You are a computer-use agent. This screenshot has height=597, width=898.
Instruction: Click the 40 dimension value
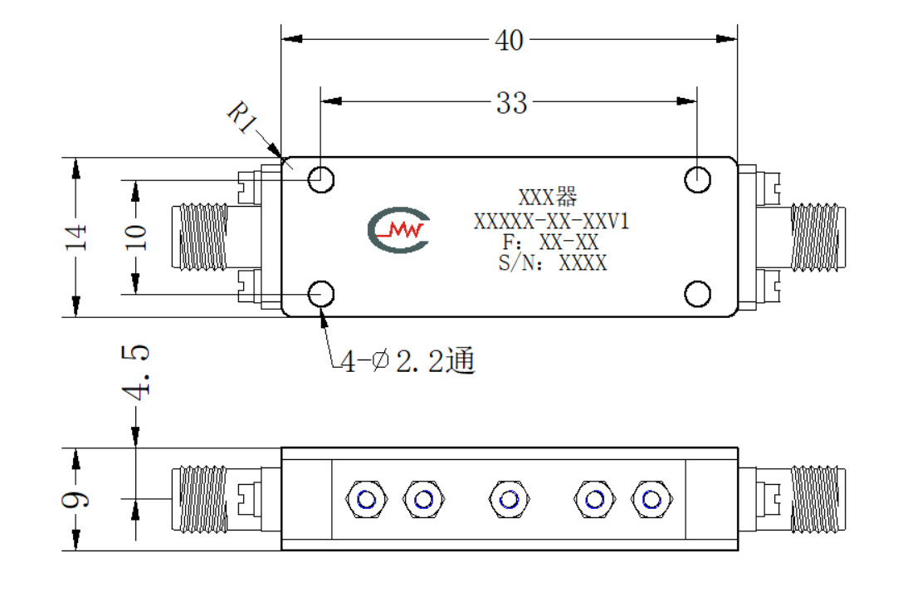[x=509, y=41]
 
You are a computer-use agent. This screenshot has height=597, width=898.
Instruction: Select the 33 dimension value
[x=511, y=103]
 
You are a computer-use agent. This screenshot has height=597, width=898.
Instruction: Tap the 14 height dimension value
[x=76, y=237]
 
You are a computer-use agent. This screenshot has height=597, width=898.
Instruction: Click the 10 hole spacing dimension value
[x=136, y=237]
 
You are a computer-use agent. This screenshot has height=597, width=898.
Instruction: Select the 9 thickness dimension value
[x=76, y=500]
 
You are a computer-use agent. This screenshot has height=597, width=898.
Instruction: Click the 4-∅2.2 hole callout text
[x=408, y=361]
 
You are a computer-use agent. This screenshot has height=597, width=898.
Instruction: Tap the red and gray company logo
[x=398, y=230]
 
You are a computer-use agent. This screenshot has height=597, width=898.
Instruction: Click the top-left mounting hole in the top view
[x=321, y=180]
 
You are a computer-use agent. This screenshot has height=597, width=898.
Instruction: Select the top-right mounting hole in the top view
[x=697, y=180]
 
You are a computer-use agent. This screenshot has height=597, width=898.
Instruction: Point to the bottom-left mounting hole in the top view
[x=321, y=294]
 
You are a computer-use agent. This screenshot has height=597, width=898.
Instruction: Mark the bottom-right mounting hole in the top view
[x=697, y=294]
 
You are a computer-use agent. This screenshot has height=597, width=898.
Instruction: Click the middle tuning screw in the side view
[x=509, y=500]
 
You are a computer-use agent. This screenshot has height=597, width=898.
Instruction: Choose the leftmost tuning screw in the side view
[x=367, y=500]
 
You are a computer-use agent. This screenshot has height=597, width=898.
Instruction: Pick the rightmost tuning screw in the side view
[x=652, y=500]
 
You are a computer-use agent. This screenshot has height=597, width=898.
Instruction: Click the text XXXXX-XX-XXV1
[x=552, y=221]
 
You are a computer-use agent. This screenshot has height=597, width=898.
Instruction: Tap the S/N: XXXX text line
[x=553, y=263]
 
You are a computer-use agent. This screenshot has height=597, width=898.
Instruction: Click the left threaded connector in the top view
[x=200, y=237]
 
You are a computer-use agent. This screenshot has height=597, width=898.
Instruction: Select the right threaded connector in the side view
[x=818, y=500]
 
